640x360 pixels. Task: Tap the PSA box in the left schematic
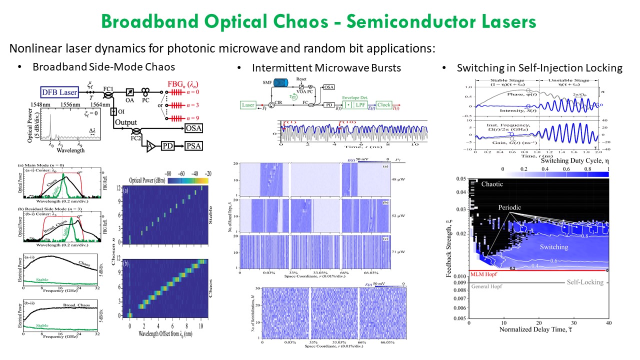194,146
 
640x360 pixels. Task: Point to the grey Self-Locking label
584,282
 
